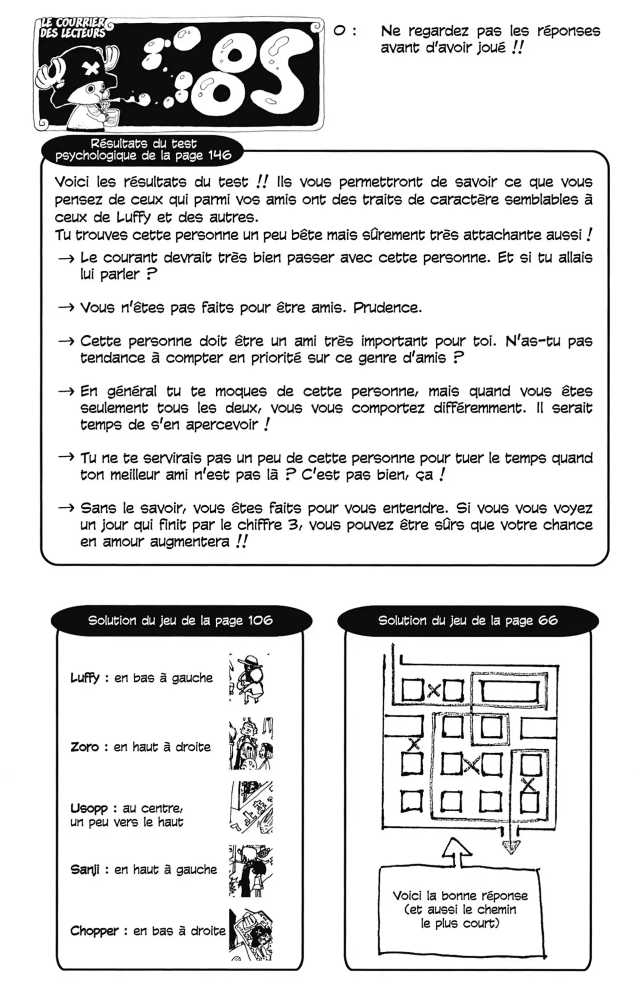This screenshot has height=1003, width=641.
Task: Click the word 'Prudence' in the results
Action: pos(387,308)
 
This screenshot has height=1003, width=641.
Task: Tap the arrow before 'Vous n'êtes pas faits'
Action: pos(66,308)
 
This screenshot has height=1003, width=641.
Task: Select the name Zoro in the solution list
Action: pos(84,747)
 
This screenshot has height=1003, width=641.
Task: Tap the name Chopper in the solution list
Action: pos(94,931)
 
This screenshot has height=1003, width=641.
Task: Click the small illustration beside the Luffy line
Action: pos(250,679)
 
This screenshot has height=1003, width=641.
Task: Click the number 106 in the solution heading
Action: pos(260,621)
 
